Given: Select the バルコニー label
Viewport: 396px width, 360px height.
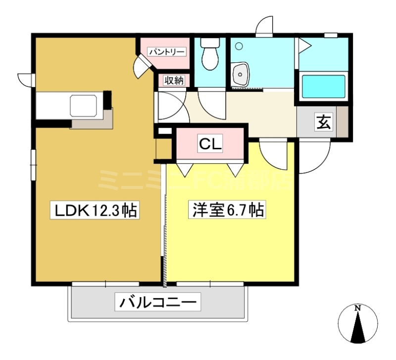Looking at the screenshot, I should [x=157, y=301].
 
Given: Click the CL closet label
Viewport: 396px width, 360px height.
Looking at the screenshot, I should [x=210, y=144].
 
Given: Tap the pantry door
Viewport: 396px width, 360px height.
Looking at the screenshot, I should [x=144, y=65].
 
